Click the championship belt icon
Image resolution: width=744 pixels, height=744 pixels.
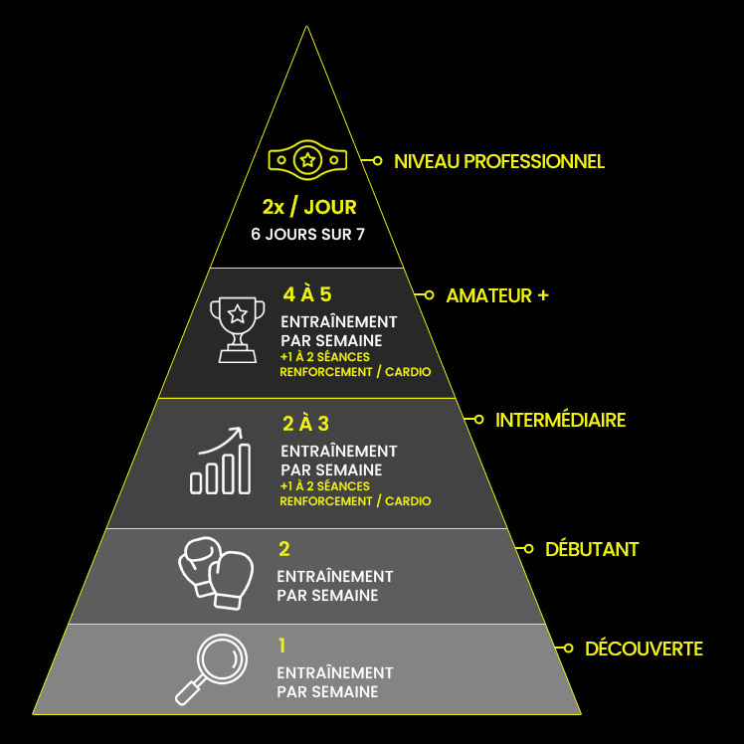pos(307,160)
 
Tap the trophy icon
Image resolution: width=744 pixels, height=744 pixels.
pos(238,330)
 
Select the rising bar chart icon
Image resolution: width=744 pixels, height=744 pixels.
pos(220,461)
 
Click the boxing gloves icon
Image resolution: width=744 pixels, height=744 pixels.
pos(216,573)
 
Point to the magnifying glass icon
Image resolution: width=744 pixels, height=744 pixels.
pos(211,669)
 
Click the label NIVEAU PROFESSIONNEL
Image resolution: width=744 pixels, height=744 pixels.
pos(499,162)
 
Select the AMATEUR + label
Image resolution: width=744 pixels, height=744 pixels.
pos(497,295)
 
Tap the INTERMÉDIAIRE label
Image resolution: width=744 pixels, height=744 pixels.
pos(560,420)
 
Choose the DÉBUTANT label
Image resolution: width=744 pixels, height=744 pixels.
pos(592,549)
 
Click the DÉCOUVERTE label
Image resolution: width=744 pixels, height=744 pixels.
pos(644,649)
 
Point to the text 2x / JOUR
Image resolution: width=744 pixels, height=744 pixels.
pos(309,207)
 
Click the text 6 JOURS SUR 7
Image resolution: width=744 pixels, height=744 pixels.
pos(308,234)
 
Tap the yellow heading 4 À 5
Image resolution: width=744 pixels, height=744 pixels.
pos(307,294)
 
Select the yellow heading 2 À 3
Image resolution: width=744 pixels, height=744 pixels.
pos(305,424)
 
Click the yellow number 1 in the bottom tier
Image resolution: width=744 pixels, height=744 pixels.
pos(282,646)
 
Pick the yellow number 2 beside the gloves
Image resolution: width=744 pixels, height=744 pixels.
pos(284,549)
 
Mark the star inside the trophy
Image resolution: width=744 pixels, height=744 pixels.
pos(238,313)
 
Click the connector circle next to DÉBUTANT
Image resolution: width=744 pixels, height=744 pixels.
pos(528,549)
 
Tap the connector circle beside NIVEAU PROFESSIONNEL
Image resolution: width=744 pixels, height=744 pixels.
pos(377,161)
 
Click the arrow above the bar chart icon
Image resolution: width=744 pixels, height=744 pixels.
pos(220,441)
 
